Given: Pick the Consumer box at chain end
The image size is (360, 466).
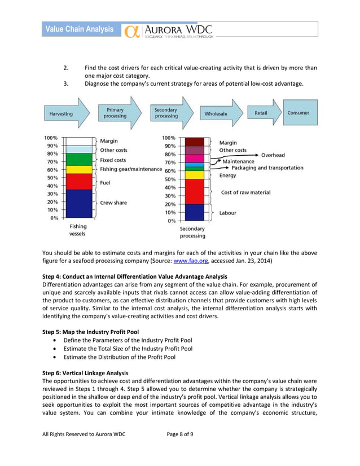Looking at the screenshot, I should click(298, 113).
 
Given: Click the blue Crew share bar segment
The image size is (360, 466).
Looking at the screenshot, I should click(78, 203).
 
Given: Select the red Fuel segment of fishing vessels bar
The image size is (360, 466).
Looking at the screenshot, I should click(78, 181).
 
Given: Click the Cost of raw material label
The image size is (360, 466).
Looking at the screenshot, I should click(245, 192).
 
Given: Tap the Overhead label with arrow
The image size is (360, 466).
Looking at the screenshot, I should click(273, 155).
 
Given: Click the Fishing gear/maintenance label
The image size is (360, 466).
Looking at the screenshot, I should click(131, 169).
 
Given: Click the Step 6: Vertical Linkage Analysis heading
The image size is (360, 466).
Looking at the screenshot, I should click(85, 373).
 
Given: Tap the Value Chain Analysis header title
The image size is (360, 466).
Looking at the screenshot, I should click(79, 29).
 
